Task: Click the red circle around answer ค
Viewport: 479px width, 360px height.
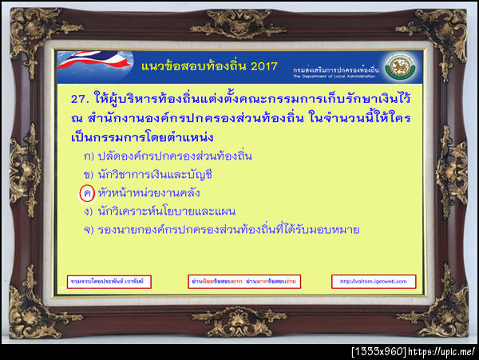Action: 87,192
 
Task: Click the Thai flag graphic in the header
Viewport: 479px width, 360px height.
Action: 90,62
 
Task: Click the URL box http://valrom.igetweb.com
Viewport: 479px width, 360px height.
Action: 372,281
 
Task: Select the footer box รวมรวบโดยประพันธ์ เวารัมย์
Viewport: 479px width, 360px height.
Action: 109,281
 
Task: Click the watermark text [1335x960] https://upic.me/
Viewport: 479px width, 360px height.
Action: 414,351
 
